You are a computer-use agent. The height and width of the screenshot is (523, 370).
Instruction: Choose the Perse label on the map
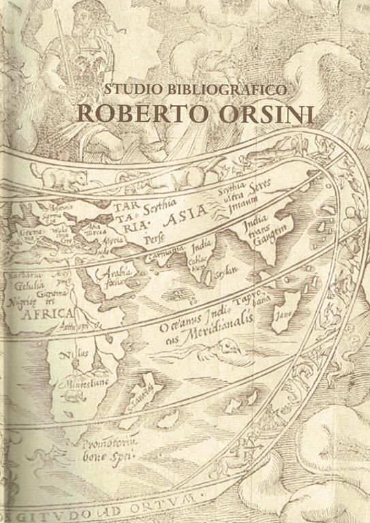pyautogui.click(x=155, y=239)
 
